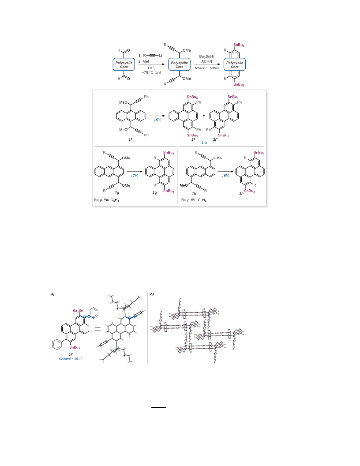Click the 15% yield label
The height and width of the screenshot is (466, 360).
tap(157, 120)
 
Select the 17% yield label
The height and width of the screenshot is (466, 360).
tap(135, 176)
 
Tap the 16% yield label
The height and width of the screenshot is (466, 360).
tap(225, 176)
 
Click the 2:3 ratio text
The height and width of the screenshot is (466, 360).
tap(204, 143)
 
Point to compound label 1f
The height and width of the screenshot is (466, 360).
tap(130, 139)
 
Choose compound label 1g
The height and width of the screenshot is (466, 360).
tap(117, 192)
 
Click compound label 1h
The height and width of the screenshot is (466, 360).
tap(194, 193)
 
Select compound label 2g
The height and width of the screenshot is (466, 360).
tap(154, 192)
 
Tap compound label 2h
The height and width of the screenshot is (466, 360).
tap(241, 193)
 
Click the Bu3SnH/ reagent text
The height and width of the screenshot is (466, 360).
tap(206, 56)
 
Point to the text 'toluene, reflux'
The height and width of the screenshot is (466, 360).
tap(207, 68)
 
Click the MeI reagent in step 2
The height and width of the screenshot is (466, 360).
tap(144, 61)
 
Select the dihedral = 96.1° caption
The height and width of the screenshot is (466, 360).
tap(71, 359)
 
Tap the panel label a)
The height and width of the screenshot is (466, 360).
tap(52, 294)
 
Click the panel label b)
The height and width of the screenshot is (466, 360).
tap(152, 294)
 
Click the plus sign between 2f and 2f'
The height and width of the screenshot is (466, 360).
tap(204, 116)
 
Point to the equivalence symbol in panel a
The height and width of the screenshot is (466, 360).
tap(97, 329)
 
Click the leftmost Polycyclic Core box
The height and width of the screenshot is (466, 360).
tap(124, 64)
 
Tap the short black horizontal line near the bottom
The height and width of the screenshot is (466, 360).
tap(159, 407)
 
